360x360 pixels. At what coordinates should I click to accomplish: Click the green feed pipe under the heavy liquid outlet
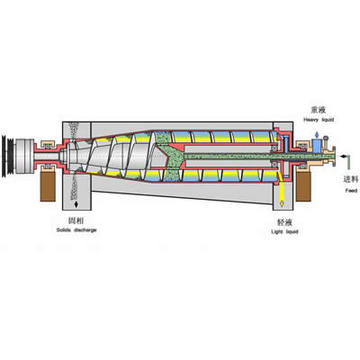(x=299, y=165)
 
